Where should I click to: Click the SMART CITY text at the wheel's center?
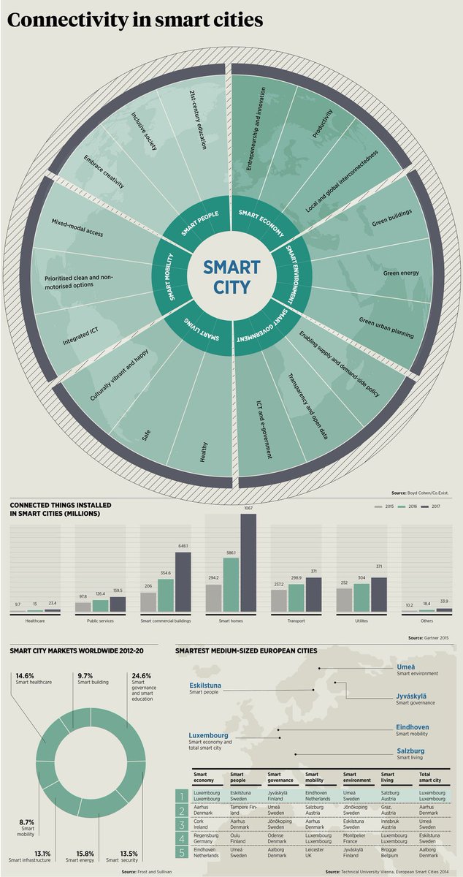point(231,276)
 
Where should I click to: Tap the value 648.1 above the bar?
point(183,547)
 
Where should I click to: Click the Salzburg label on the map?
point(411,751)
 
